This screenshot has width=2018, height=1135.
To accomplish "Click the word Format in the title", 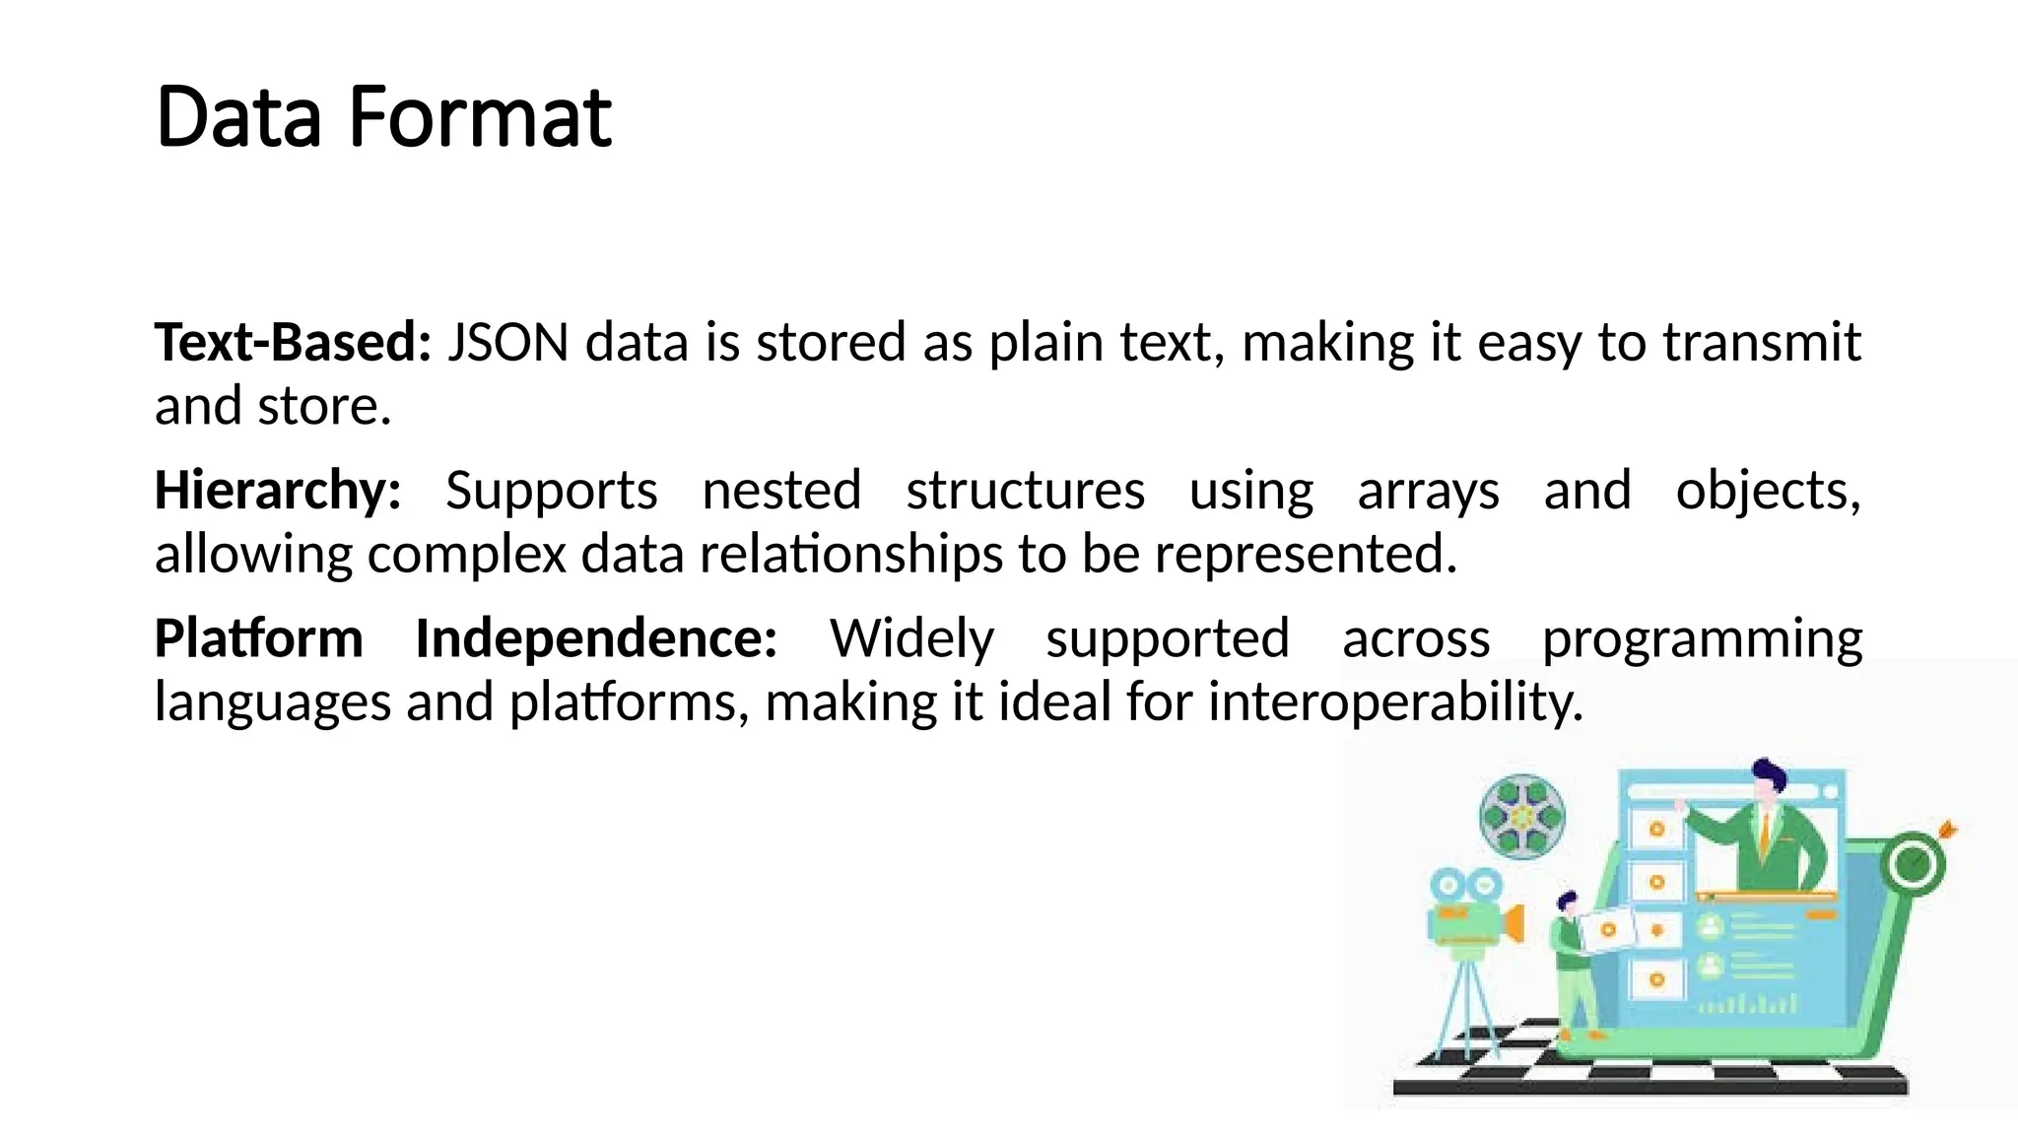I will click(x=480, y=117).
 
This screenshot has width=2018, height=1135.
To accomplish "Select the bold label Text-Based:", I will click(x=293, y=343).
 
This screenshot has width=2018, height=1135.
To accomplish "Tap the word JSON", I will click(x=507, y=343).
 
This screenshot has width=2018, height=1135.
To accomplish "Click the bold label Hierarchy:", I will click(x=278, y=491).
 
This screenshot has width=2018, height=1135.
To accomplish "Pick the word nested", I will click(x=781, y=491).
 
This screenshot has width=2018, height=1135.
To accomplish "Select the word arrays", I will click(x=1428, y=491).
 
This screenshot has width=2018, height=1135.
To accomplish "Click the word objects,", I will click(x=1768, y=491).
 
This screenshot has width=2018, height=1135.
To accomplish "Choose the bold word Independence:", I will click(x=596, y=638).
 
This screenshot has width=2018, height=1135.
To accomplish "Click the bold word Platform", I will click(x=259, y=638).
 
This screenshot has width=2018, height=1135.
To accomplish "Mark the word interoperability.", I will click(x=1395, y=702).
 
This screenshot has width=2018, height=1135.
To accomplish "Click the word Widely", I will click(x=911, y=638).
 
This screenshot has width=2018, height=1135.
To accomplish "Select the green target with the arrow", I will click(x=1915, y=864).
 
